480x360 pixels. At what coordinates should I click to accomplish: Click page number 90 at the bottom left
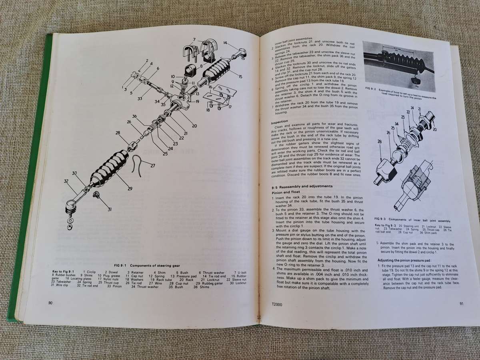click(x=50, y=303)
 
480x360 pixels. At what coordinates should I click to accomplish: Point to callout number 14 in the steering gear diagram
click(x=225, y=43)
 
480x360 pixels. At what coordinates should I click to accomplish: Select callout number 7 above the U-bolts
click(x=193, y=39)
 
